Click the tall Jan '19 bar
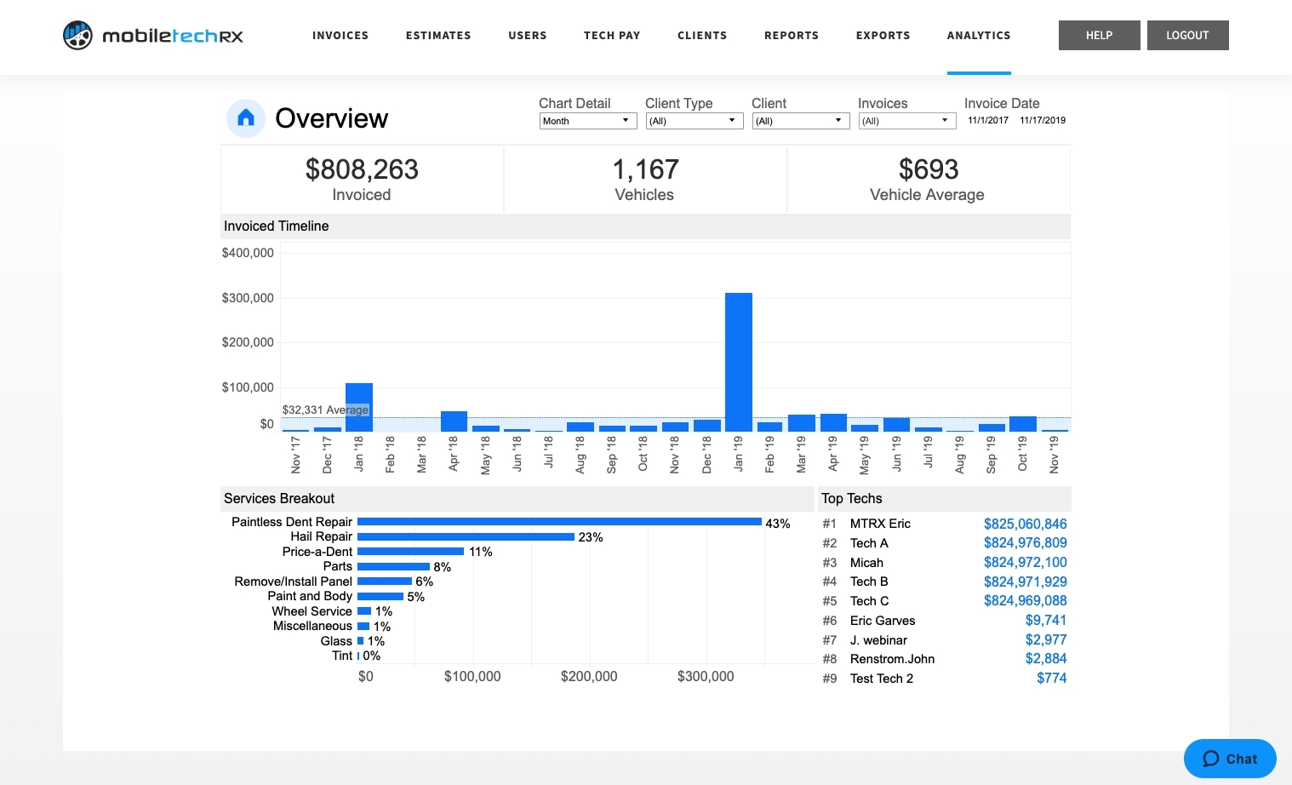click(738, 362)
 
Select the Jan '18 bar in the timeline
click(359, 407)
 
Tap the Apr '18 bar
click(454, 421)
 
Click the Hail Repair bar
click(466, 537)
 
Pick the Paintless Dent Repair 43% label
click(778, 524)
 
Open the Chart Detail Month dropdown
click(587, 121)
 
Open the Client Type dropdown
click(694, 121)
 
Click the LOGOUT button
click(1187, 35)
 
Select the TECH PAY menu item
click(611, 36)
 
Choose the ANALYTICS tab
click(979, 36)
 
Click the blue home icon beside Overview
click(246, 118)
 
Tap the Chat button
click(1230, 759)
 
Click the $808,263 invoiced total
click(362, 170)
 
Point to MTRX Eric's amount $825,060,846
click(1025, 524)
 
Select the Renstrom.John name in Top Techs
click(892, 659)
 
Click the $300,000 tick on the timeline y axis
click(248, 298)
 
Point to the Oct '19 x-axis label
click(1022, 454)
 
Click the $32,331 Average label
click(325, 410)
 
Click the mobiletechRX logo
click(153, 36)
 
